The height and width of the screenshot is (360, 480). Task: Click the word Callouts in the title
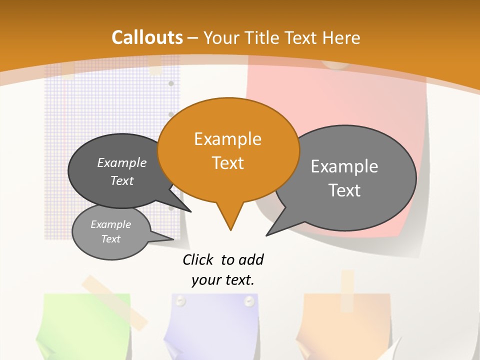coord(147,37)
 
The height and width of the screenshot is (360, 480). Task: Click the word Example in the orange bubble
coord(227,139)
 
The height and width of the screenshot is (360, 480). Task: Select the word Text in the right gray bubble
coord(344,190)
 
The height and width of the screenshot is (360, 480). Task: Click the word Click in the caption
coord(199,259)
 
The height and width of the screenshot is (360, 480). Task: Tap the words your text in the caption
coord(223,280)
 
